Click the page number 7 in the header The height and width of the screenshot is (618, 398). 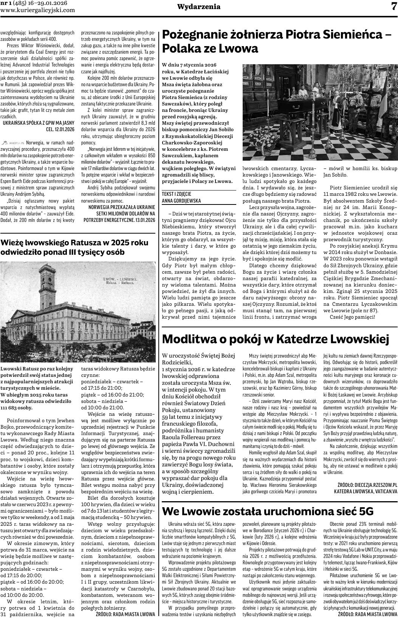click(x=393, y=6)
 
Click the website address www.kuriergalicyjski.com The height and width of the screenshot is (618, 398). click(x=38, y=10)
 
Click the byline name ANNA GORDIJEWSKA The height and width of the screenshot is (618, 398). click(x=181, y=201)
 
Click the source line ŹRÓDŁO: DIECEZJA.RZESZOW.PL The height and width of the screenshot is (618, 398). click(x=367, y=484)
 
